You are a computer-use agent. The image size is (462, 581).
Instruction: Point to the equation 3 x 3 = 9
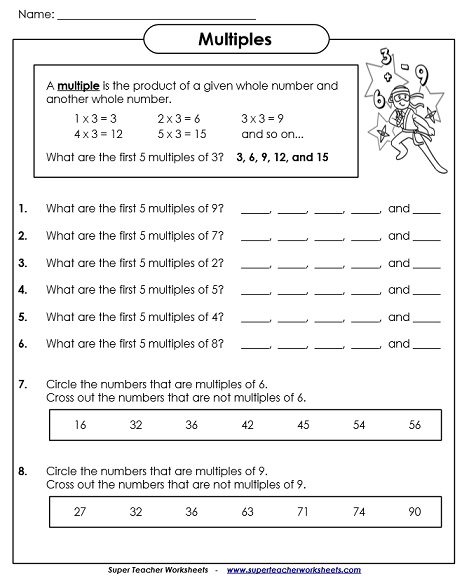(x=261, y=117)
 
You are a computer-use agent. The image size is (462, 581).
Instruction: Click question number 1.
(x=22, y=209)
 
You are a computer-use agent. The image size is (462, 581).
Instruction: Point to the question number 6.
(x=22, y=344)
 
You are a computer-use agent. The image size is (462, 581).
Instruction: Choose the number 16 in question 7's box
(x=80, y=424)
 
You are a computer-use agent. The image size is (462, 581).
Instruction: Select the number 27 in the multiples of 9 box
(x=80, y=512)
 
